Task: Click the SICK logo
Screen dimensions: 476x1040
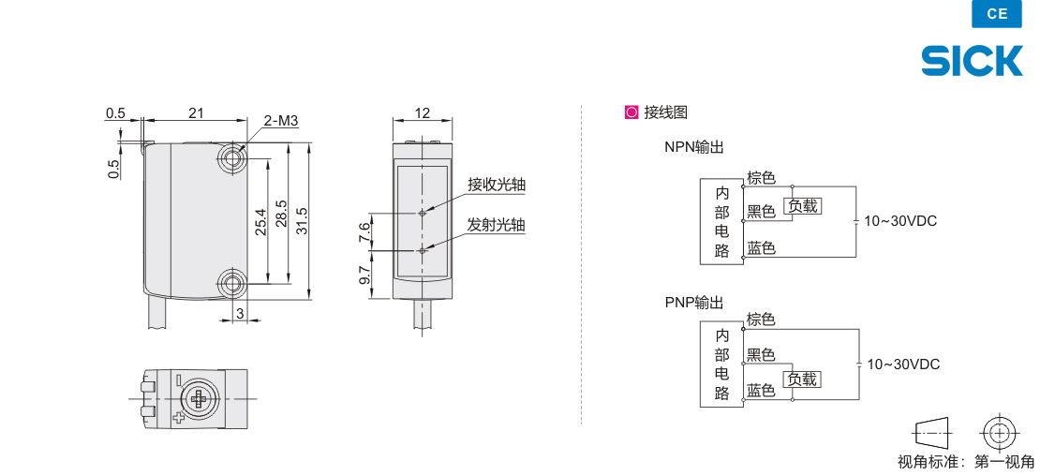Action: click(x=972, y=61)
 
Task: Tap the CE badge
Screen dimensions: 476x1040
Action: click(x=997, y=14)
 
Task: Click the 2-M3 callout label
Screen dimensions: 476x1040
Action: click(x=280, y=121)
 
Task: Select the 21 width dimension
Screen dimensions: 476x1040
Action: click(x=196, y=113)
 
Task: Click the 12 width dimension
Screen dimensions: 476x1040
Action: click(x=422, y=113)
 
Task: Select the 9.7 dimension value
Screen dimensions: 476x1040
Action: click(x=364, y=275)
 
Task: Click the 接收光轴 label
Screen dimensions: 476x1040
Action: click(x=496, y=185)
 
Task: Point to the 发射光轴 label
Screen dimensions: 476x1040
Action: click(x=496, y=225)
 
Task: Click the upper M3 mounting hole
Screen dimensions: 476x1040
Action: click(x=231, y=157)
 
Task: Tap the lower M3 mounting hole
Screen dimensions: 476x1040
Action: click(x=231, y=282)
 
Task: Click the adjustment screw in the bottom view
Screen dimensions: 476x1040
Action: click(x=199, y=399)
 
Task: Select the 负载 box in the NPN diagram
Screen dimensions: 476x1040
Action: click(x=802, y=205)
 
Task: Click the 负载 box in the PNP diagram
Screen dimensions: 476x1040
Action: click(x=802, y=379)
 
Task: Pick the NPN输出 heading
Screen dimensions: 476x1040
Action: click(x=694, y=147)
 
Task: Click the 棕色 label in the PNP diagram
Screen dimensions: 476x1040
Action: click(x=761, y=320)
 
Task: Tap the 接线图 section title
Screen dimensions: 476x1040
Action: click(x=665, y=112)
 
